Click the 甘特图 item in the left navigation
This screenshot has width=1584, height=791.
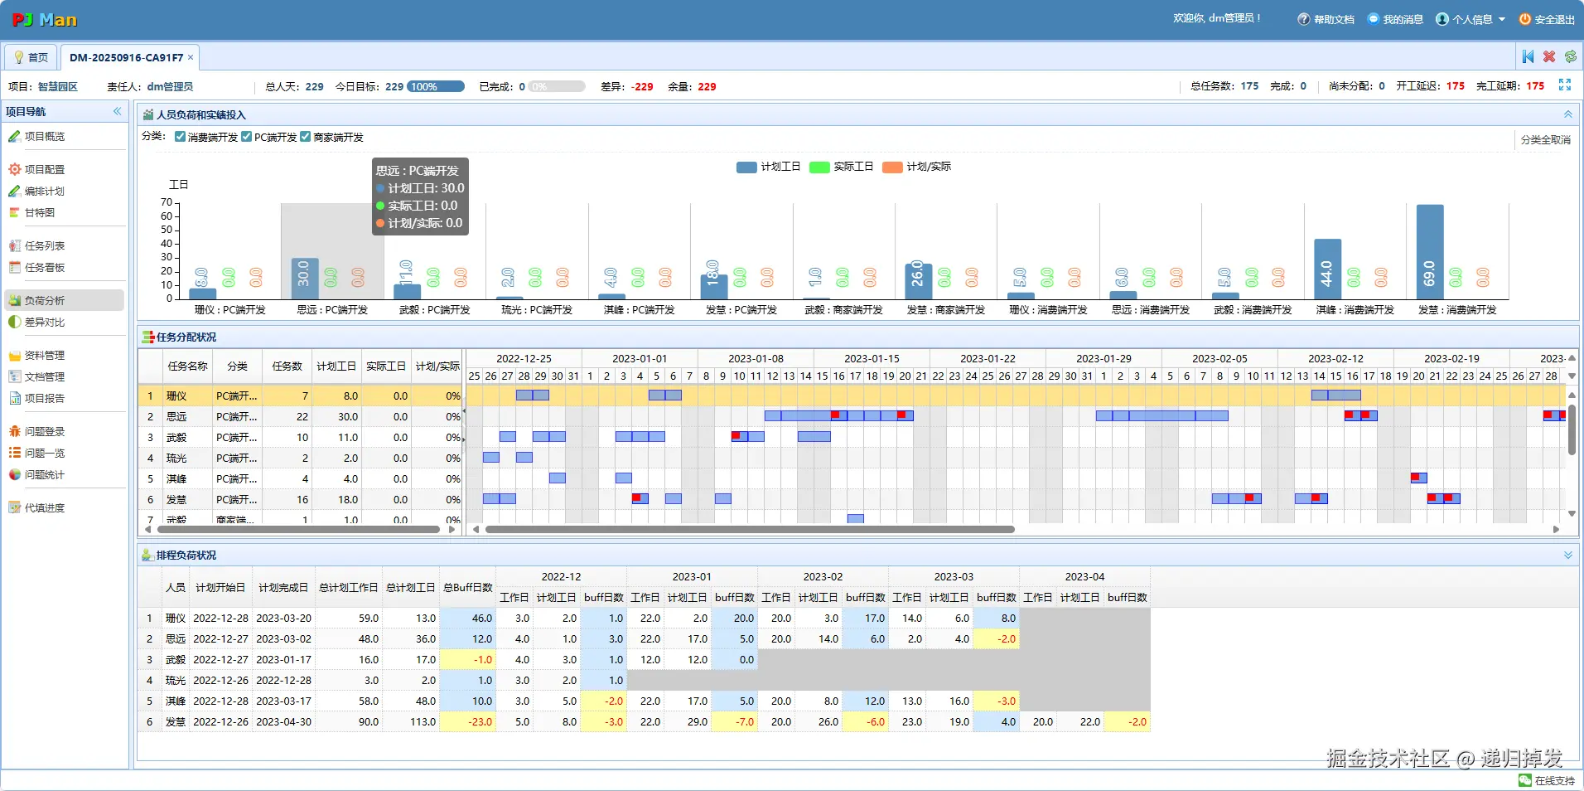click(x=39, y=213)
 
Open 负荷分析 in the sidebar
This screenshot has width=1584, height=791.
click(x=44, y=301)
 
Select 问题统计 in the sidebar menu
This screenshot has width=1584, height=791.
click(x=44, y=475)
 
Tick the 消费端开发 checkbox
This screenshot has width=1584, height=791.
click(x=181, y=137)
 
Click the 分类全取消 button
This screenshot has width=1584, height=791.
click(x=1545, y=140)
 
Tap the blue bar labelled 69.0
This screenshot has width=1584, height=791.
click(x=1429, y=252)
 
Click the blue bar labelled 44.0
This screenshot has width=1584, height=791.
click(x=1327, y=269)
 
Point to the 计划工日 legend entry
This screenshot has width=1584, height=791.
click(x=769, y=167)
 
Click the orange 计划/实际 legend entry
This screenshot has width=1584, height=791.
click(x=917, y=167)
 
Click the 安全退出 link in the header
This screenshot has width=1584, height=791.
click(x=1547, y=19)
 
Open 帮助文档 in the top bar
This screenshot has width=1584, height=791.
click(x=1326, y=19)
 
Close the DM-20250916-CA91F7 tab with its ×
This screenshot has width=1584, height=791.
click(x=191, y=57)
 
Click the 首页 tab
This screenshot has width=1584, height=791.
click(x=31, y=57)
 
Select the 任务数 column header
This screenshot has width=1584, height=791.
click(x=287, y=366)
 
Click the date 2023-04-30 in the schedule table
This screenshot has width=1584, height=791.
click(x=283, y=722)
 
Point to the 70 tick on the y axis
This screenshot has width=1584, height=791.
click(x=167, y=202)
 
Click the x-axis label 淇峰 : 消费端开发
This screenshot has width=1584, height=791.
click(x=1355, y=310)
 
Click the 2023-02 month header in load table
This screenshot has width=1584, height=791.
click(x=822, y=577)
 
